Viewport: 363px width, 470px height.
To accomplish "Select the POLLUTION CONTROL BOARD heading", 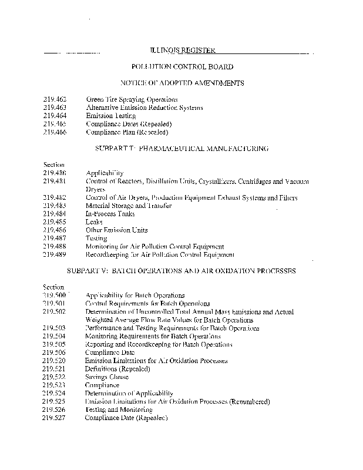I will coord(182,68).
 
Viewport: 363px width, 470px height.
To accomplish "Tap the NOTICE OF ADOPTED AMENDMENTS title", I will coord(182,83).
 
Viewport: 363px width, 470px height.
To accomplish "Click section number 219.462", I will coord(55,100).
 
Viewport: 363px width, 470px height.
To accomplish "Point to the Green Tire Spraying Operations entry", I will coord(132,100).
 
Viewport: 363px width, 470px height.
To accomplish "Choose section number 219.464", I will coord(55,116).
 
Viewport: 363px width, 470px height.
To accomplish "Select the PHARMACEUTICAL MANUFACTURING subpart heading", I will coord(182,149).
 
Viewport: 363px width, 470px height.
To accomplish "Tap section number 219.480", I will coord(55,173).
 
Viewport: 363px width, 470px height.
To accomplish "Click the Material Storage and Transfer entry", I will coord(126,206).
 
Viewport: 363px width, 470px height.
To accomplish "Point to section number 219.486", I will coord(55,230).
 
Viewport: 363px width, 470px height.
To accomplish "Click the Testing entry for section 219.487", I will coord(96,239).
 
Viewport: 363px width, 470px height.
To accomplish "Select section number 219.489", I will coord(55,255).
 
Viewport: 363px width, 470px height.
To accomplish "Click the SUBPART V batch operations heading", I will coord(182,271).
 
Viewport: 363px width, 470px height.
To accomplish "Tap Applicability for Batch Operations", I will coord(135,296).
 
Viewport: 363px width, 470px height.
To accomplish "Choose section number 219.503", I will coord(55,328).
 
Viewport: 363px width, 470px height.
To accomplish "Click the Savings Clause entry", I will coord(106,377).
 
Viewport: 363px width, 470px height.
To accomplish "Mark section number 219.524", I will coord(55,393).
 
